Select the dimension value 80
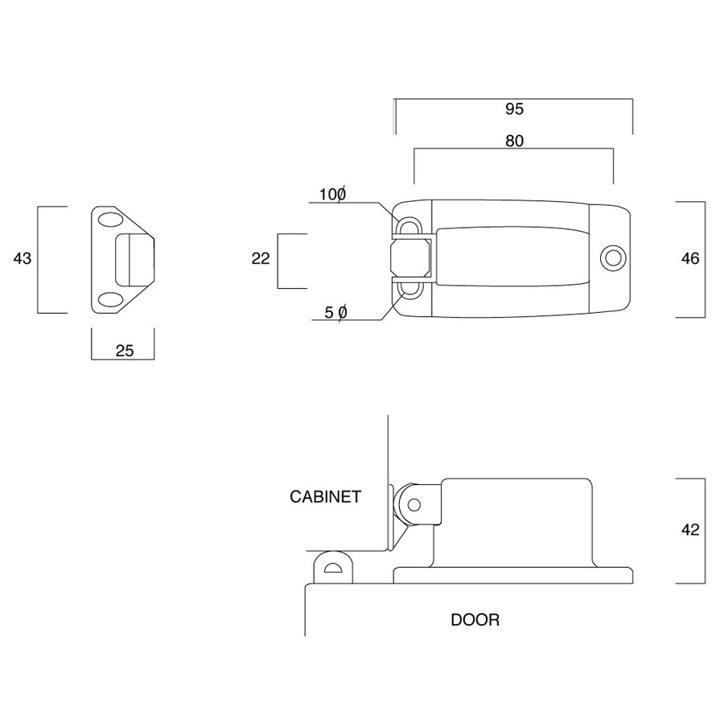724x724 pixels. [515, 141]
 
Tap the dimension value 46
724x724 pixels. [690, 258]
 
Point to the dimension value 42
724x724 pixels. [690, 530]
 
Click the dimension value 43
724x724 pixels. [22, 258]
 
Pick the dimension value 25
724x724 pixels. [123, 350]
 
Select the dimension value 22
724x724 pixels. [260, 258]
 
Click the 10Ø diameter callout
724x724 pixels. [332, 194]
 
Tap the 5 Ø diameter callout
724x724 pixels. [335, 312]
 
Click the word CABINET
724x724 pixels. [325, 496]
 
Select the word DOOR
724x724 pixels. [475, 619]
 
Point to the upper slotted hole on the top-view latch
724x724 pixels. [408, 224]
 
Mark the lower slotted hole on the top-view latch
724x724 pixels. [409, 290]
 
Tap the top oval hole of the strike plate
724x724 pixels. [109, 220]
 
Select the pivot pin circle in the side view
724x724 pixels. [413, 505]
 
